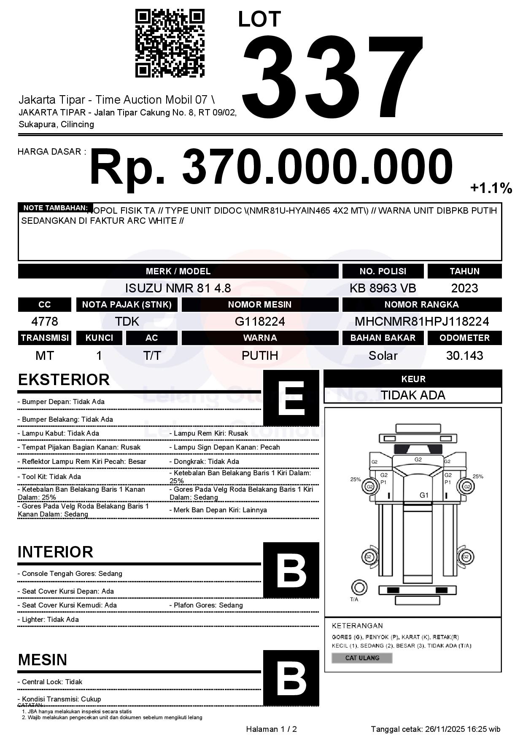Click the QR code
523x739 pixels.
pyautogui.click(x=170, y=43)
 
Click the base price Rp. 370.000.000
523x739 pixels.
pyautogui.click(x=271, y=167)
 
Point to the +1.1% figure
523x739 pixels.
pyautogui.click(x=491, y=188)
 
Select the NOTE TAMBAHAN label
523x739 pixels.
pyautogui.click(x=55, y=208)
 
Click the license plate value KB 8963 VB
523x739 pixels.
pyautogui.click(x=383, y=288)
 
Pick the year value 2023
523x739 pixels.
pyautogui.click(x=464, y=288)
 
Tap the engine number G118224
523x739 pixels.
pyautogui.click(x=260, y=322)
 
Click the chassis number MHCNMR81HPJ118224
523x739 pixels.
pyautogui.click(x=422, y=322)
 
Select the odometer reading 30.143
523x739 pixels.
pyautogui.click(x=464, y=356)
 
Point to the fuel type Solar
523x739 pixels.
pyautogui.click(x=383, y=356)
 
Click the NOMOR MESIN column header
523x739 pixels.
pyautogui.click(x=260, y=305)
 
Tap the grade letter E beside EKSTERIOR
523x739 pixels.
pyautogui.click(x=291, y=398)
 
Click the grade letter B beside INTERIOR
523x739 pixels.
pyautogui.click(x=291, y=570)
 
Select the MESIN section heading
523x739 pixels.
pyautogui.click(x=43, y=660)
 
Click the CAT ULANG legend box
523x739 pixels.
pyautogui.click(x=362, y=658)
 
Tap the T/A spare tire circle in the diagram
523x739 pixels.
pyautogui.click(x=359, y=587)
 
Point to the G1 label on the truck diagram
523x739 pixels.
pyautogui.click(x=424, y=495)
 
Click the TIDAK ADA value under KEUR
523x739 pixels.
pyautogui.click(x=413, y=395)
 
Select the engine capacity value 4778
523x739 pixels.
pyautogui.click(x=45, y=322)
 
